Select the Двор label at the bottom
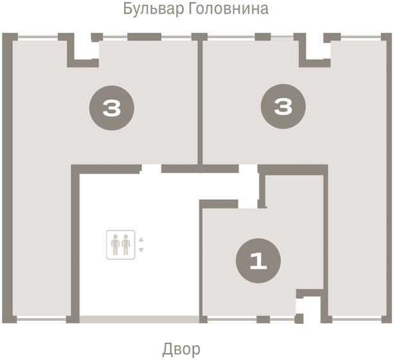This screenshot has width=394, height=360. [182, 349]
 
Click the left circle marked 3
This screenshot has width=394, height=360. [112, 108]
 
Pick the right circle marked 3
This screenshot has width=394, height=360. [282, 108]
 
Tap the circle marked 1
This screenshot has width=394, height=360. [258, 261]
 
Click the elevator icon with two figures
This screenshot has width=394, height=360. [120, 244]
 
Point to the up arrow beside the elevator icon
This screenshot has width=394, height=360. [141, 240]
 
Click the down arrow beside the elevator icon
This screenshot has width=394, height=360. [141, 249]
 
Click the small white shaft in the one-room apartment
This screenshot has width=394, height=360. [307, 307]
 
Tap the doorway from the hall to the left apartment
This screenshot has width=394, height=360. [151, 169]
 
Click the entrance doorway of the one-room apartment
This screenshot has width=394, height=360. [248, 204]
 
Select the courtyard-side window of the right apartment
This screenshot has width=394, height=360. [359, 319]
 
